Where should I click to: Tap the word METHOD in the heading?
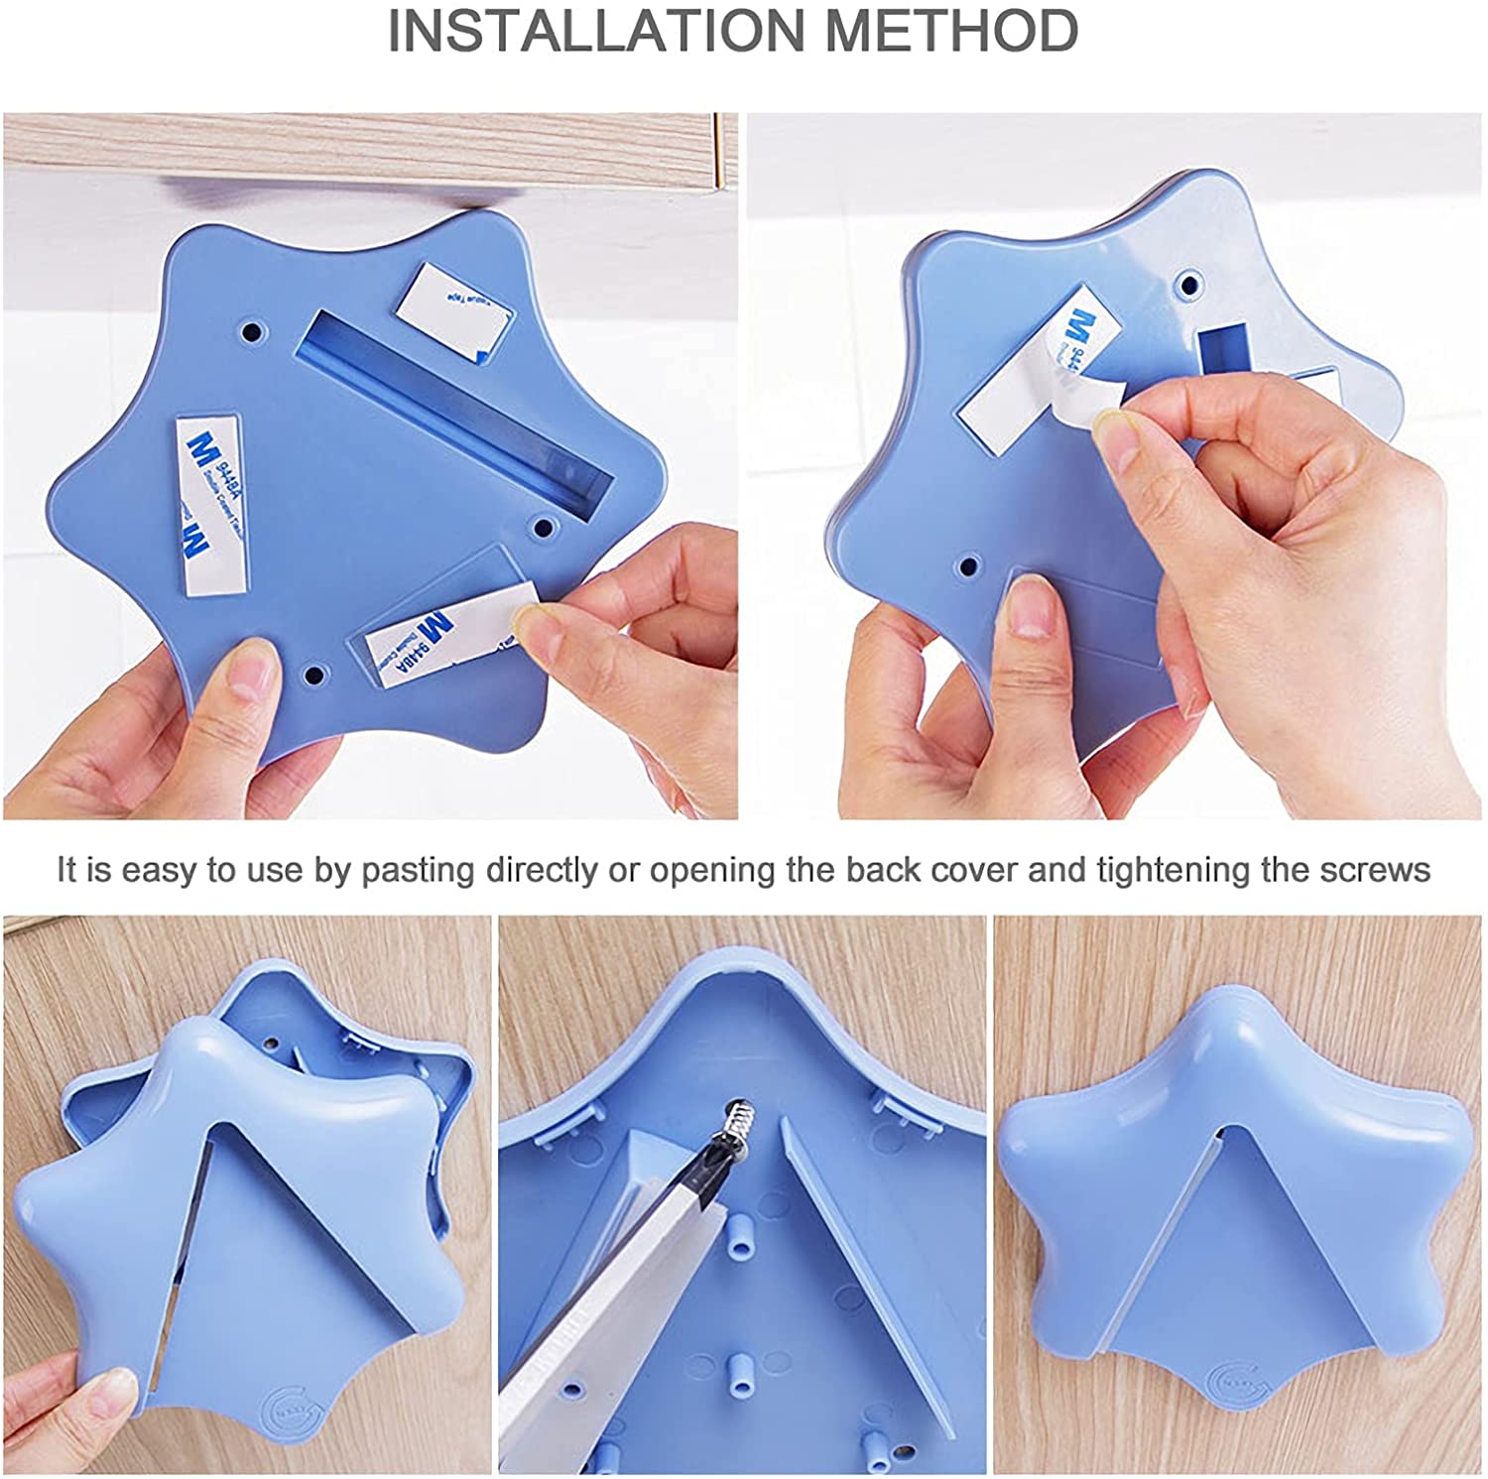951,32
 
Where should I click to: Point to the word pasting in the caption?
418,870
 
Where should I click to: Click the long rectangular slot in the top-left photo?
456,406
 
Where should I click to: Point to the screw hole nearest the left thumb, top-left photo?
315,676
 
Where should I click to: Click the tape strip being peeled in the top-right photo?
1042,377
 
